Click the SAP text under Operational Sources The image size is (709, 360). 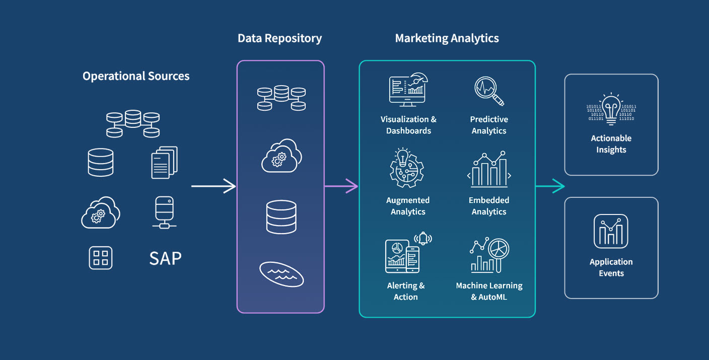(165, 258)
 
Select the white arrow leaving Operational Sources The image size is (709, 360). (213, 186)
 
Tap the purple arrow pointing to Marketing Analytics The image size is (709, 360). (341, 186)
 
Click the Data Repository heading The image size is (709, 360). (279, 38)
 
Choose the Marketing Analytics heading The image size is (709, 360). (447, 38)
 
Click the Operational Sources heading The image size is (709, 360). (136, 76)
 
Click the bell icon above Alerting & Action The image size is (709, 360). (423, 238)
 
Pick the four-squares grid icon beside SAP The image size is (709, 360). (101, 258)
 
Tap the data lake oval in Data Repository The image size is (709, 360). (281, 273)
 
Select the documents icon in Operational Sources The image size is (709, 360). (164, 162)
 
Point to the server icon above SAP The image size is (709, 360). (164, 212)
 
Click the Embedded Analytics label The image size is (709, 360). (488, 206)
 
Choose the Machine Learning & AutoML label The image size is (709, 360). (488, 291)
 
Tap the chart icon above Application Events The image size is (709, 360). (611, 231)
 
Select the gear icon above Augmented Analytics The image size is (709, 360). (407, 168)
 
